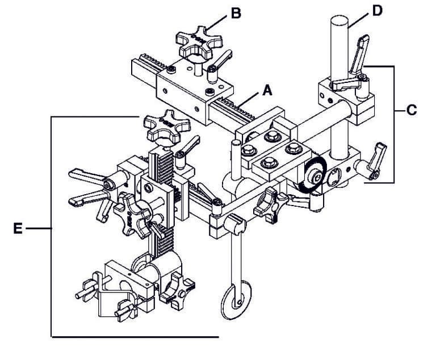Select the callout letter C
coord(412,110)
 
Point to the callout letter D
coord(376,10)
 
